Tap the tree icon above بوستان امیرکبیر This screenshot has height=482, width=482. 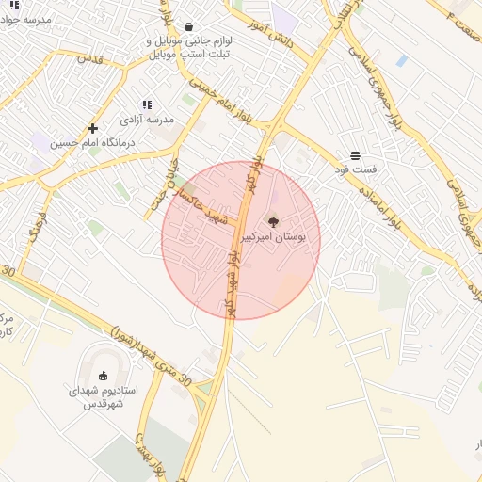273,222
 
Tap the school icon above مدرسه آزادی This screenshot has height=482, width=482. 147,104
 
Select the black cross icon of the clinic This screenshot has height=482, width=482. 92,128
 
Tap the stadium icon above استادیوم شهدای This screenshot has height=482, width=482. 104,375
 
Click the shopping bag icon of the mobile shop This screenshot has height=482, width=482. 190,27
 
